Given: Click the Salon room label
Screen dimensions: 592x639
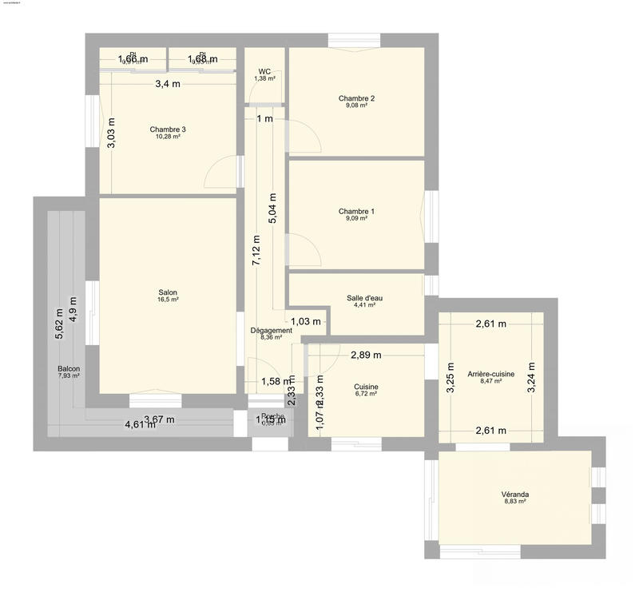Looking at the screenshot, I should tap(168, 292).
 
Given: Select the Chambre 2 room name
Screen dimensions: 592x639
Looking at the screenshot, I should tap(356, 98).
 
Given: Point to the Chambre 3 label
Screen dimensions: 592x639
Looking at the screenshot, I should tap(168, 129).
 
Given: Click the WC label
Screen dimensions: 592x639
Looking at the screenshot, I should tap(264, 71).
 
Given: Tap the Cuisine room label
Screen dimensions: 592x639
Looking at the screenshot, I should tap(366, 387).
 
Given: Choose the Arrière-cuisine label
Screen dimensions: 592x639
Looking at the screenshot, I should tap(491, 374).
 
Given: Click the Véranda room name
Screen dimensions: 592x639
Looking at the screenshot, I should tap(515, 495).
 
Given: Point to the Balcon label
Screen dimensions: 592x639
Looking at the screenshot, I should tap(69, 369).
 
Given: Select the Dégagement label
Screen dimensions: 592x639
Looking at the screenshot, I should tap(271, 331).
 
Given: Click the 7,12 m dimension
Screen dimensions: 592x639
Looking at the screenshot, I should tap(256, 251).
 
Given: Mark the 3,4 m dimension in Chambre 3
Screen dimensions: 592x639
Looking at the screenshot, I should tap(168, 84).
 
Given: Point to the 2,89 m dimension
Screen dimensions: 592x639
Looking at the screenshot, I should tap(366, 354).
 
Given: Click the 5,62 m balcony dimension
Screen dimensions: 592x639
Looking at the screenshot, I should tap(58, 324).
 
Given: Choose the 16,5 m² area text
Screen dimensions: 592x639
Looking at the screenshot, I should tap(168, 300).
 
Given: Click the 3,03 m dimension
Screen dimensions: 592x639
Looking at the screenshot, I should tap(111, 133).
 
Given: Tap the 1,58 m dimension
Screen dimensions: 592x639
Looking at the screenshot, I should tap(276, 381).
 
